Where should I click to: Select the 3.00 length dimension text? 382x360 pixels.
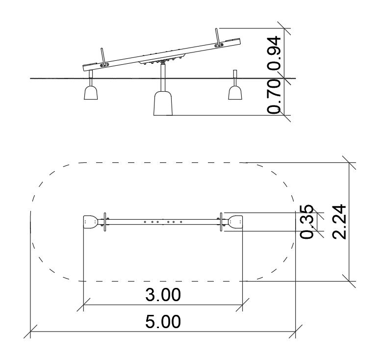(x=163, y=295)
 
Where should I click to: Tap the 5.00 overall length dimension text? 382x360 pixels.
(x=163, y=322)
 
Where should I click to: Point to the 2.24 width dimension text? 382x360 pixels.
(x=339, y=222)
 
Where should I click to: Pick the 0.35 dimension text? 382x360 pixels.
(x=306, y=222)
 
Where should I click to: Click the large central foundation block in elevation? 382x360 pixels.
(x=163, y=103)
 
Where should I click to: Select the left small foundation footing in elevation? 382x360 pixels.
(x=91, y=93)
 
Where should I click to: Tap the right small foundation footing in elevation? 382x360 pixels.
(x=235, y=93)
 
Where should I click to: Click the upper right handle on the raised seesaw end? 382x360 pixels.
(x=218, y=37)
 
